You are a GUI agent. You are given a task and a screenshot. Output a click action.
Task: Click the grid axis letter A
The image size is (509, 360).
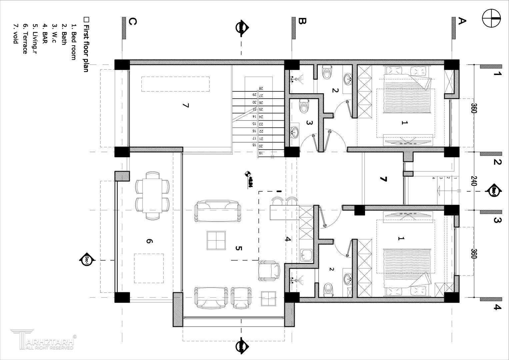pos(462,21)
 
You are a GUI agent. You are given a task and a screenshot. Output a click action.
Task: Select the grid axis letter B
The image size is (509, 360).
pos(302,21)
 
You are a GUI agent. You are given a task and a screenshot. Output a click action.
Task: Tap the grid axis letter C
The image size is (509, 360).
pos(132,22)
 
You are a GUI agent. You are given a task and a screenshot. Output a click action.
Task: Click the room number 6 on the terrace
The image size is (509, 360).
pos(149,241)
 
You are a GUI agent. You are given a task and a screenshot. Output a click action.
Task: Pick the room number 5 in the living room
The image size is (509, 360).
pos(238,248)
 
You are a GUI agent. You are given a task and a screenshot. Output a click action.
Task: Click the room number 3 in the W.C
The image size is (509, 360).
pos(309,123)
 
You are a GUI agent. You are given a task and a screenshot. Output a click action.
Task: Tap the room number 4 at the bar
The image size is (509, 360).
pos(288,239)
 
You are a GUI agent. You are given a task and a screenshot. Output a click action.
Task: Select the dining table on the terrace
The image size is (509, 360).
pos(152,195)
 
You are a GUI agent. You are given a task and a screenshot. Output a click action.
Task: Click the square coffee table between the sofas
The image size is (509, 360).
pos(216,240)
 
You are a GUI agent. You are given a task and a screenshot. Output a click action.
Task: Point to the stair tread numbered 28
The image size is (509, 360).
pos(261,88)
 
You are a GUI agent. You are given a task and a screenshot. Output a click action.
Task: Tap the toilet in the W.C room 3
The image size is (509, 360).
pos(304,106)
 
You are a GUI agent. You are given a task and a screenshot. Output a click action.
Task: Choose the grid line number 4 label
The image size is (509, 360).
pos(497,307)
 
